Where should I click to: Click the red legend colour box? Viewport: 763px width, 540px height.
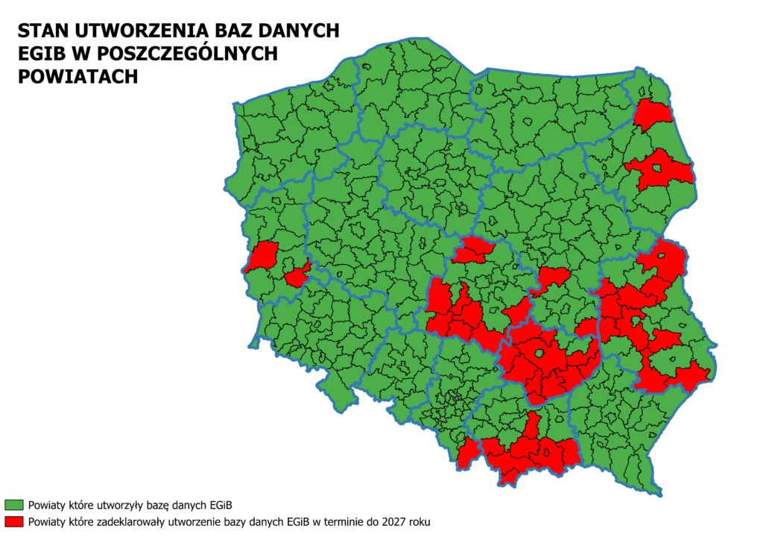(13, 521)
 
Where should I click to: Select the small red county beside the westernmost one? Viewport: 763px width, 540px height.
(297, 277)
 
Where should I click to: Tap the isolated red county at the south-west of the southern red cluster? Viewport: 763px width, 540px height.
(468, 453)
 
